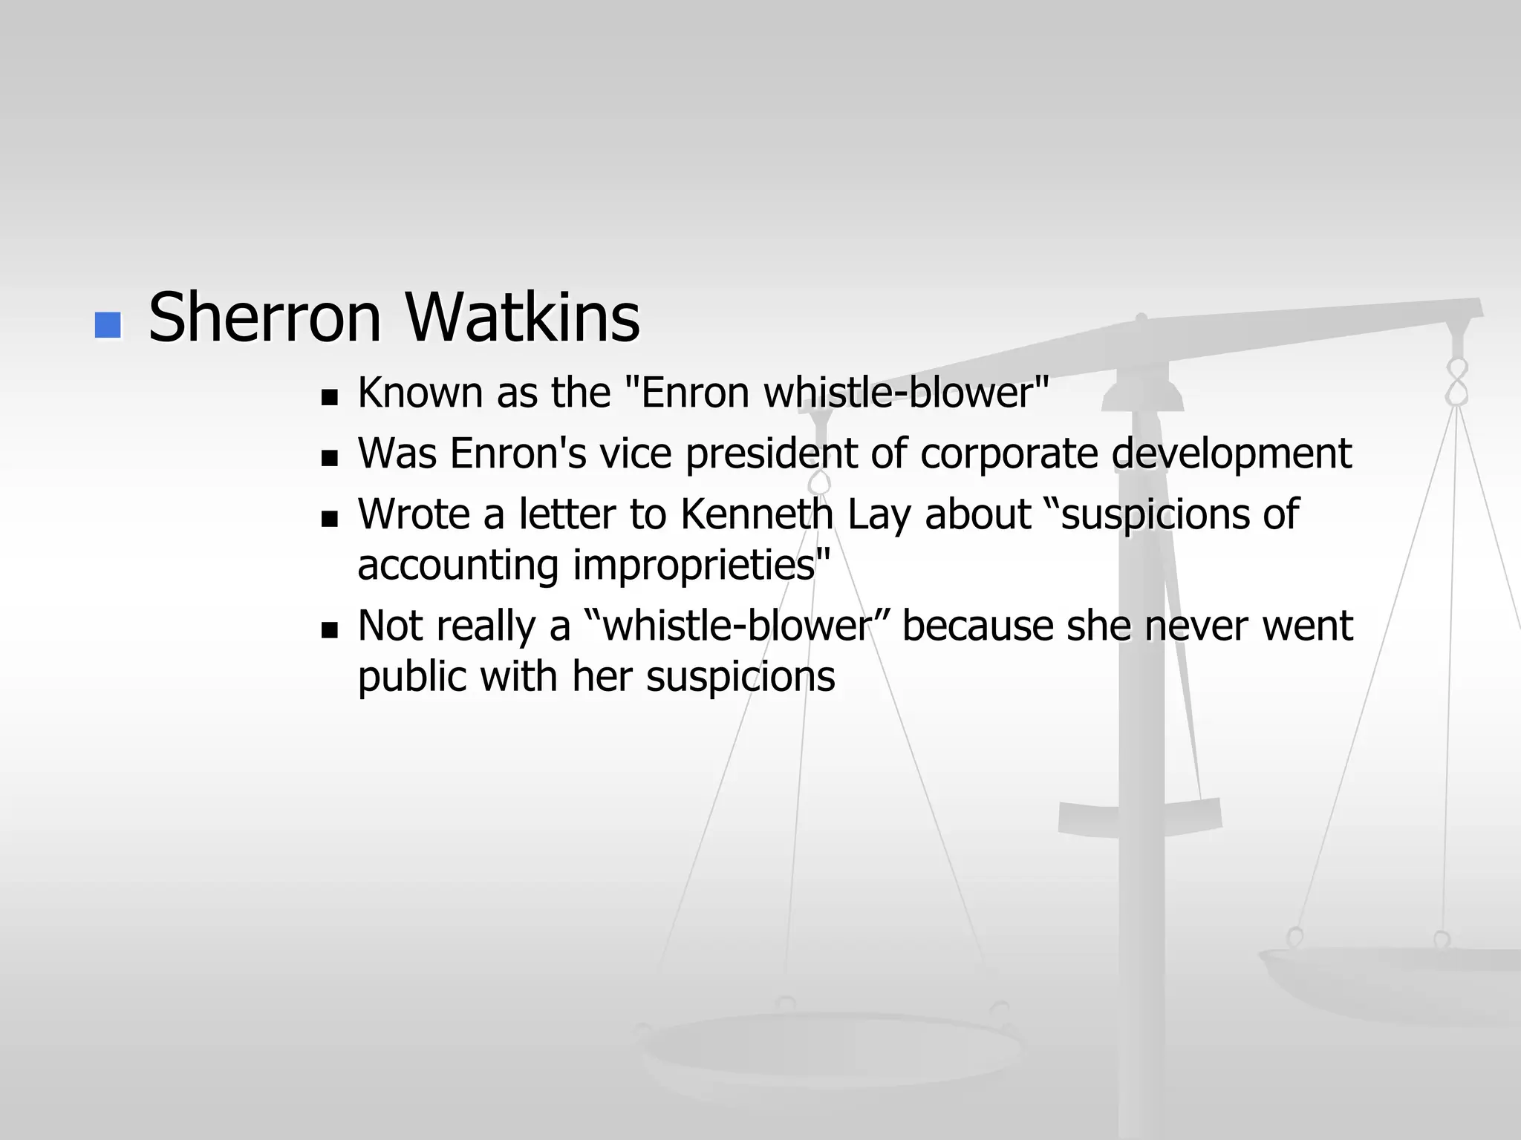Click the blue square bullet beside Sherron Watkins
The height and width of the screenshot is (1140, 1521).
pyautogui.click(x=108, y=325)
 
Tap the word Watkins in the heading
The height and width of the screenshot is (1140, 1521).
pyautogui.click(x=522, y=318)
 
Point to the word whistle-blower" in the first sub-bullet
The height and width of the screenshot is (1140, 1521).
pyautogui.click(x=907, y=393)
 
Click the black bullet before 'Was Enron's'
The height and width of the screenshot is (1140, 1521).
pyautogui.click(x=329, y=458)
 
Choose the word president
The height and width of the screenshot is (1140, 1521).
pyautogui.click(x=772, y=454)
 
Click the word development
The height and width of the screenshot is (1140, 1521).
pyautogui.click(x=1232, y=454)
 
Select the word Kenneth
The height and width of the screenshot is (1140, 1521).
pyautogui.click(x=757, y=514)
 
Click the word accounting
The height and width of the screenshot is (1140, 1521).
pyautogui.click(x=457, y=566)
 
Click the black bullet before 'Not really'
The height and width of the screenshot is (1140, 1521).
pyautogui.click(x=329, y=631)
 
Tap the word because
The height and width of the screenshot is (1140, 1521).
pyautogui.click(x=977, y=626)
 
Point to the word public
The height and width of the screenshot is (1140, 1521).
pyautogui.click(x=411, y=677)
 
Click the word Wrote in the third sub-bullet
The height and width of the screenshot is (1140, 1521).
pyautogui.click(x=414, y=514)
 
